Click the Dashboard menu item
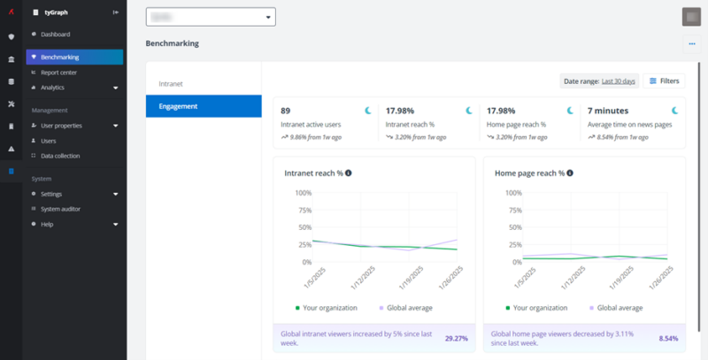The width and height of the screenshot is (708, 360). (55, 34)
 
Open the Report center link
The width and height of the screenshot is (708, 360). (58, 73)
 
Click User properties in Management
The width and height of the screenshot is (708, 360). (62, 126)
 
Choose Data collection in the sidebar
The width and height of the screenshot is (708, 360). (60, 156)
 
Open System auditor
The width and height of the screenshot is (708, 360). (62, 209)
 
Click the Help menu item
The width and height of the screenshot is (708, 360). (47, 224)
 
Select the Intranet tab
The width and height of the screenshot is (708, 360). (171, 83)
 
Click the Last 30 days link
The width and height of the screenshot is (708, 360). (619, 81)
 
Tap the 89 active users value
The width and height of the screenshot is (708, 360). (286, 111)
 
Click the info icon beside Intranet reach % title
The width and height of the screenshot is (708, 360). (349, 173)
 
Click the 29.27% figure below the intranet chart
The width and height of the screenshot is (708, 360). (456, 338)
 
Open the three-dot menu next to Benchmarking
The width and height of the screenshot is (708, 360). (690, 43)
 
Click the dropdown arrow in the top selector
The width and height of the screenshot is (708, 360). (268, 17)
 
